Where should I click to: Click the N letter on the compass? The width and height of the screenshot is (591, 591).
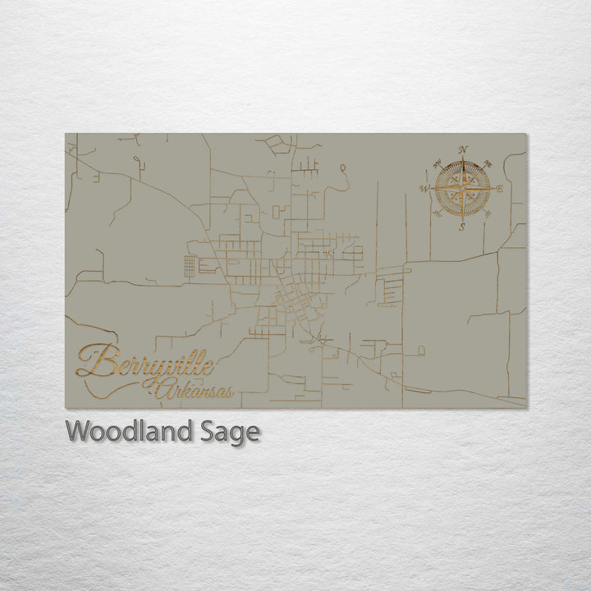(x=464, y=149)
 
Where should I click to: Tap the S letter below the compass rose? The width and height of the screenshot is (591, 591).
(x=462, y=227)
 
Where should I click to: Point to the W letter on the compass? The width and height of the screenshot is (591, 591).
(x=424, y=189)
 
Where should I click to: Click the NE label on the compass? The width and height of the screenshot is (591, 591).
(x=488, y=163)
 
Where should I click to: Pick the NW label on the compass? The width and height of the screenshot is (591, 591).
(x=438, y=162)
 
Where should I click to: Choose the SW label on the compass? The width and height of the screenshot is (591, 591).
(x=438, y=215)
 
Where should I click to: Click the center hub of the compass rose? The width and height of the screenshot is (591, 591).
(x=463, y=189)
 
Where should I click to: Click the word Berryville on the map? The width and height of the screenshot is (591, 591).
(x=145, y=362)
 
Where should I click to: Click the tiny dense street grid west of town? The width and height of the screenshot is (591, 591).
(x=190, y=266)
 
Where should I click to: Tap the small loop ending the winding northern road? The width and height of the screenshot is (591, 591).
(x=342, y=169)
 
